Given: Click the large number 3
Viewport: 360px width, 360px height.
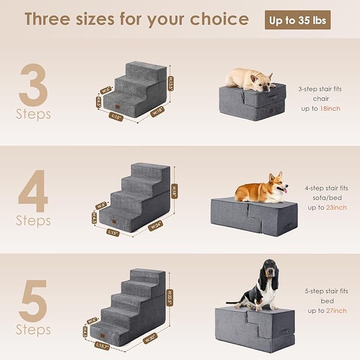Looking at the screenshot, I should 33,85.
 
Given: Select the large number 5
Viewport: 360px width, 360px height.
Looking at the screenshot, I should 33,301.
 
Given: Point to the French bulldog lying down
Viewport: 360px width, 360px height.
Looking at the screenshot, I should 250,79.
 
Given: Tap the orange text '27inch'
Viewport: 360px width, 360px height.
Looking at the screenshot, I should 336,310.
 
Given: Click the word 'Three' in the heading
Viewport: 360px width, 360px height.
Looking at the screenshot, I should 50,19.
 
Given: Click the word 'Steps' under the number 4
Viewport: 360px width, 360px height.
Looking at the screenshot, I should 33,220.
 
